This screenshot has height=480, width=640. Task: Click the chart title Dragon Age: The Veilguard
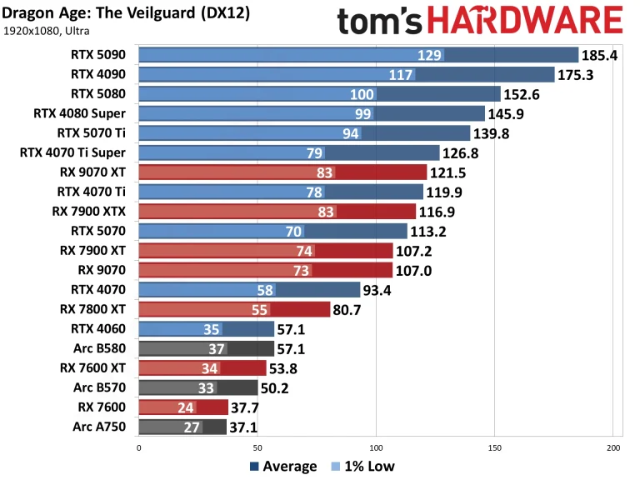pos(126,15)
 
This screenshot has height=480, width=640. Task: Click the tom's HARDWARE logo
pos(479,20)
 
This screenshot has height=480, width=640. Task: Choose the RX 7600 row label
pos(102,407)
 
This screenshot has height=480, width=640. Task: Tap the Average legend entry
pos(282,467)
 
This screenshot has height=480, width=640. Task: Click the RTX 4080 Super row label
pos(80,113)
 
